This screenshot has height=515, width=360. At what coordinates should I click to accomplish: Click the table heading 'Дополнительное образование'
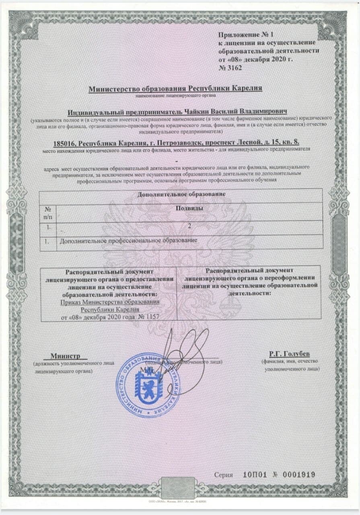click(181, 194)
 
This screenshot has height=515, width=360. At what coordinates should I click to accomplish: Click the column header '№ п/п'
click(48, 212)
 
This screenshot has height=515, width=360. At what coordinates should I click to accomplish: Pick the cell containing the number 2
click(189, 227)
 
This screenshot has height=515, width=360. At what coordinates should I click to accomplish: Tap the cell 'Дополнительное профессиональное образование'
click(128, 241)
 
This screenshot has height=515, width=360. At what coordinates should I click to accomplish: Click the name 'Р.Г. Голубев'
click(290, 354)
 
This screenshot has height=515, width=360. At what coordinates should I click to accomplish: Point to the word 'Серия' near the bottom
click(223, 475)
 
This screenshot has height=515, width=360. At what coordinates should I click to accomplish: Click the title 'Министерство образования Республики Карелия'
click(175, 88)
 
